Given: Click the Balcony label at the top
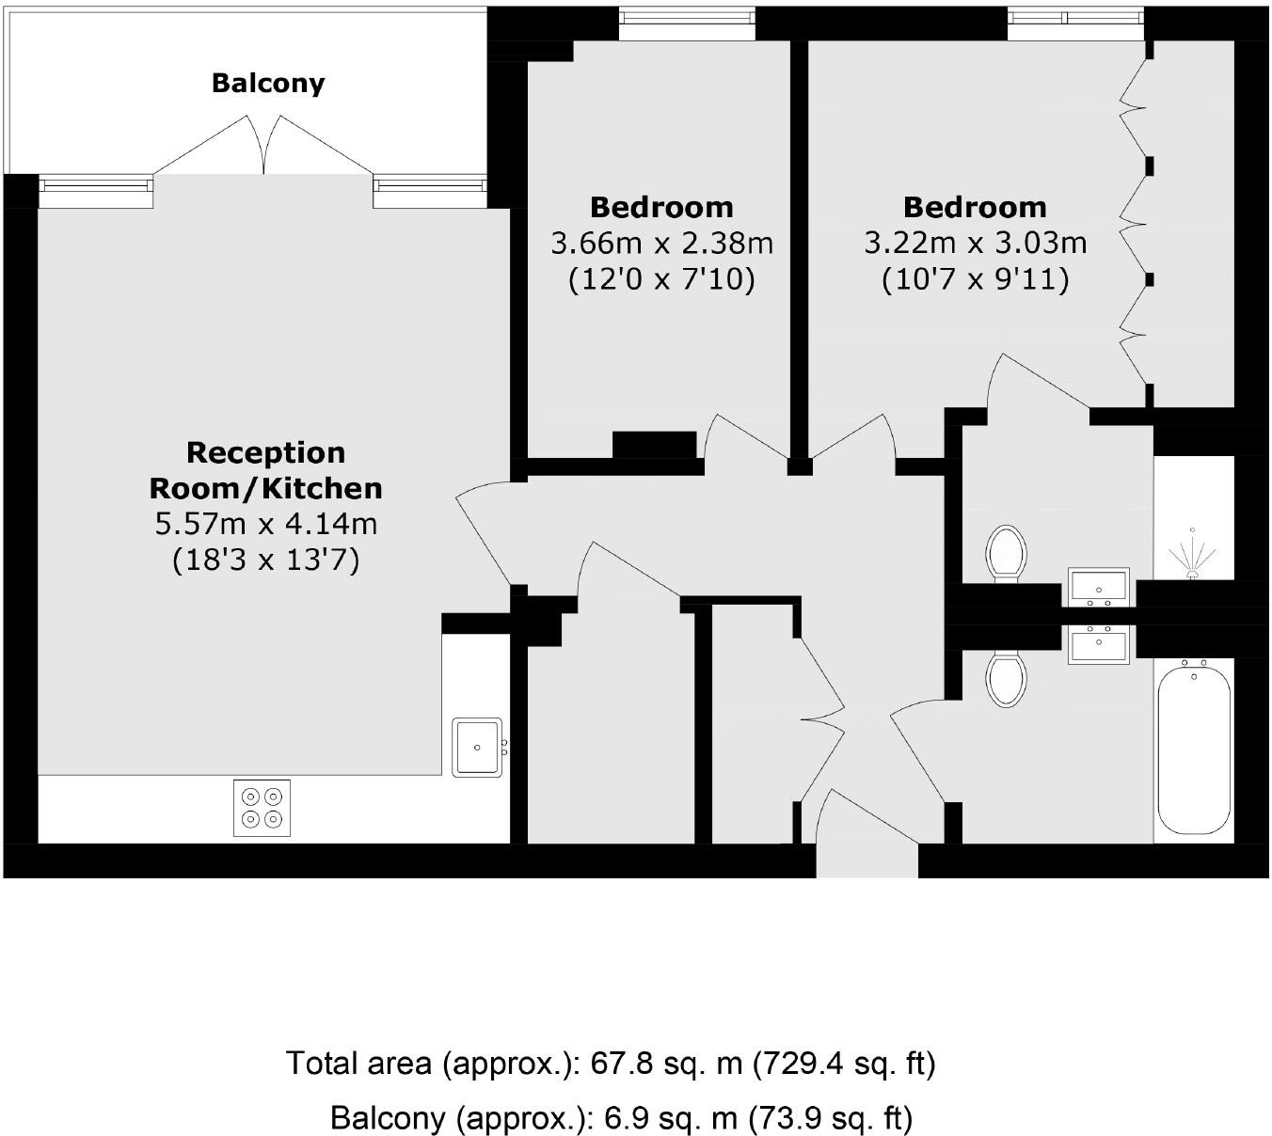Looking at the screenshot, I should (x=268, y=83).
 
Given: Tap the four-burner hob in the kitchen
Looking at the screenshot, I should (x=262, y=808).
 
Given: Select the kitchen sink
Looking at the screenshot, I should (x=478, y=747).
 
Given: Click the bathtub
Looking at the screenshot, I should (x=1194, y=747).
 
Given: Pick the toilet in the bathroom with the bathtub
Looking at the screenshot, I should (x=1006, y=680).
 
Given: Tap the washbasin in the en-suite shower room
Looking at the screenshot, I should (x=1098, y=587).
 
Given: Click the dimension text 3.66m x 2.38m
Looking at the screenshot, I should (x=661, y=244).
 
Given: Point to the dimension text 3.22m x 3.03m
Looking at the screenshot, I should (x=975, y=244).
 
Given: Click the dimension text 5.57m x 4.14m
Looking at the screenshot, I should (x=266, y=523).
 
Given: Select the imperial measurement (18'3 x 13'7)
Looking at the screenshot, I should (x=266, y=560).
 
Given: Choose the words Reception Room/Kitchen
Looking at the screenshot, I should (x=266, y=470).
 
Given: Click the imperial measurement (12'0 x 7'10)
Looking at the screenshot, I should (x=661, y=280).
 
